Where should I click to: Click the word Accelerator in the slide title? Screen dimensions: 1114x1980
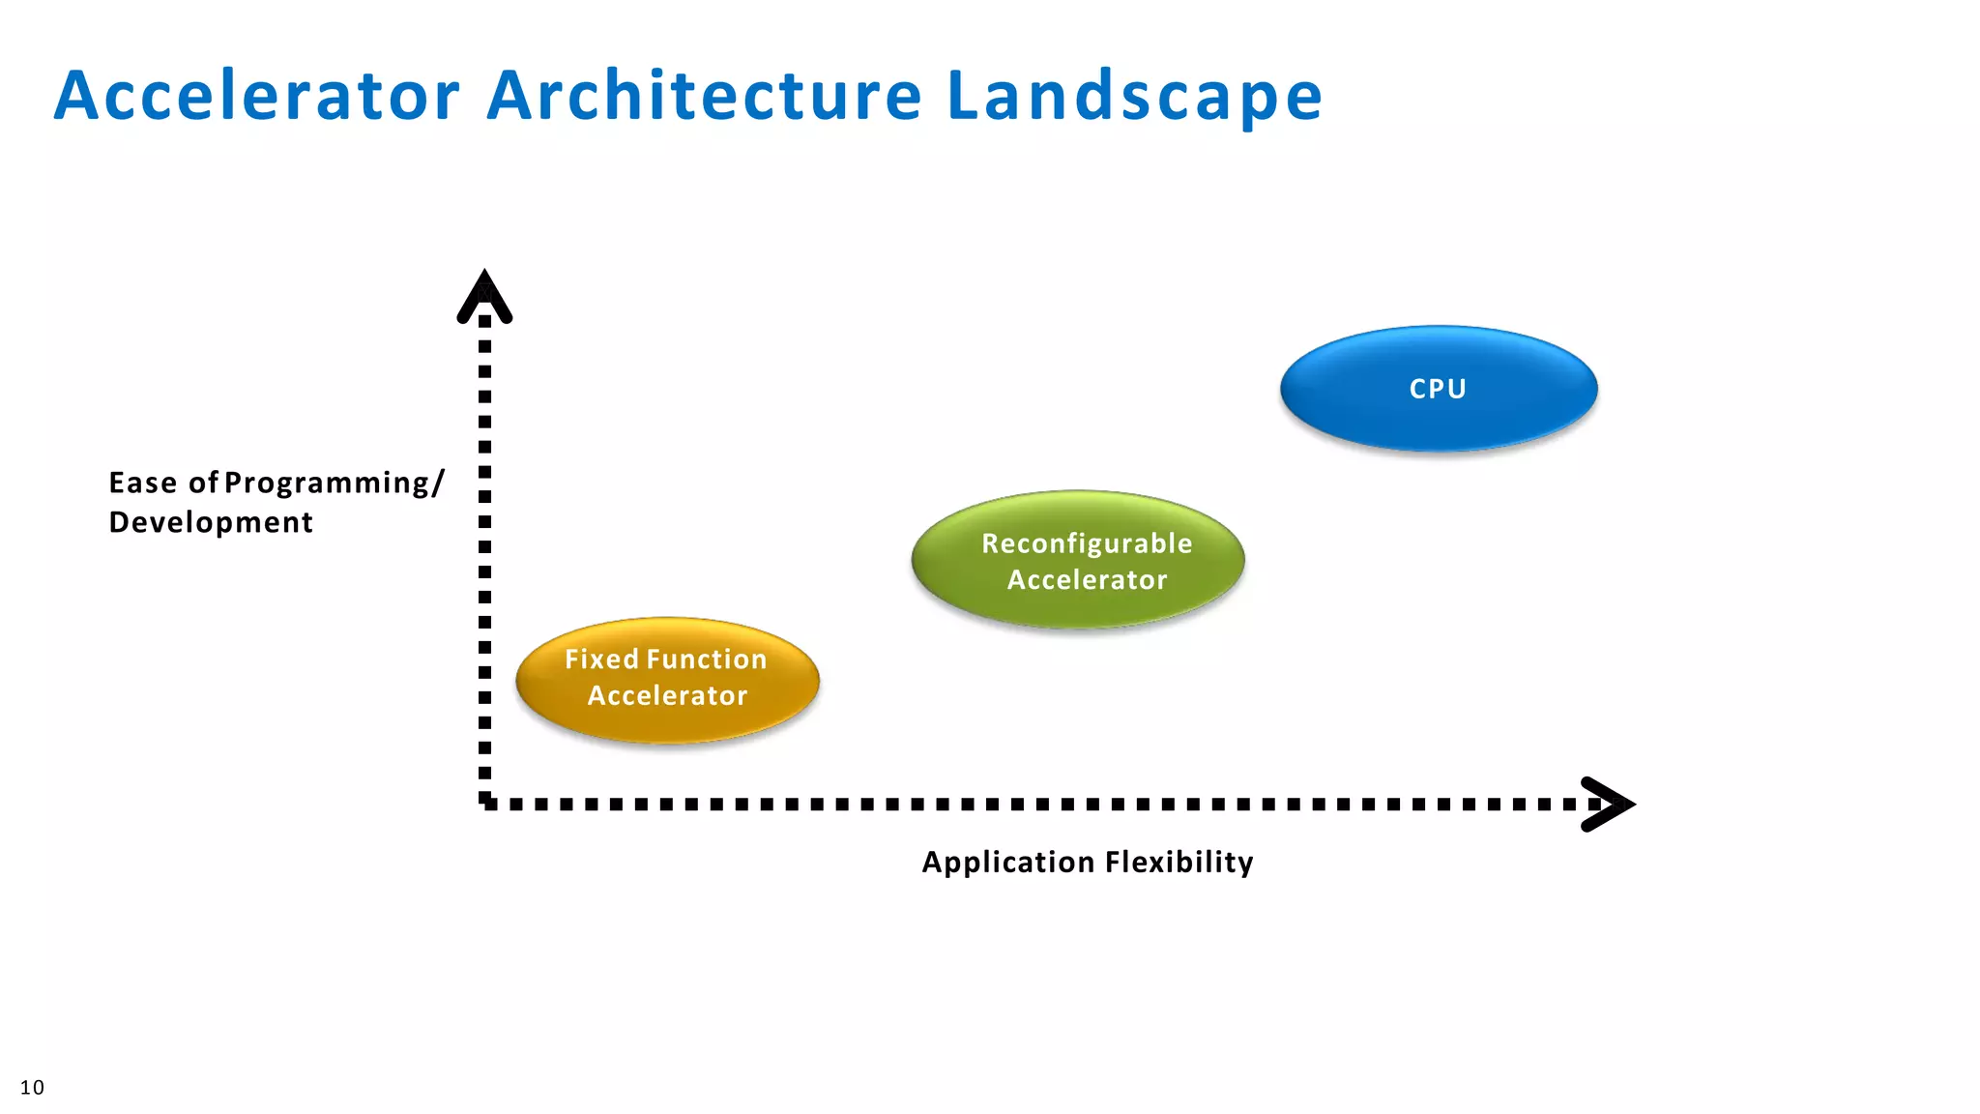(256, 96)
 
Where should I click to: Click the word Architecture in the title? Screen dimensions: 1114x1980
(704, 96)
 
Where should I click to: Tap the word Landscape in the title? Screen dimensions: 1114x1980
(1134, 96)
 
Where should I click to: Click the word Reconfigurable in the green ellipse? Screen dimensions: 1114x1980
(1087, 543)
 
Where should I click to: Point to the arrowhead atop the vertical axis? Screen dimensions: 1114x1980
(484, 296)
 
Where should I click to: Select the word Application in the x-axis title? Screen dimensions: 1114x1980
(1007, 862)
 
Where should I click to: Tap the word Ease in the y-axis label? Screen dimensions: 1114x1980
(143, 483)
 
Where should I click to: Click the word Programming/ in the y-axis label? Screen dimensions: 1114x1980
(334, 483)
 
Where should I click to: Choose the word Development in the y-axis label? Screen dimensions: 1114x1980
(211, 522)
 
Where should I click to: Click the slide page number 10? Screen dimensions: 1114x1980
(32, 1087)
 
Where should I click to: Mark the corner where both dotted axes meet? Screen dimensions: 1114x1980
(485, 803)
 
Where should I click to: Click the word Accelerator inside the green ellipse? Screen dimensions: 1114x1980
(1087, 580)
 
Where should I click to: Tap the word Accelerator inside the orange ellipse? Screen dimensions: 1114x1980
(667, 696)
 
